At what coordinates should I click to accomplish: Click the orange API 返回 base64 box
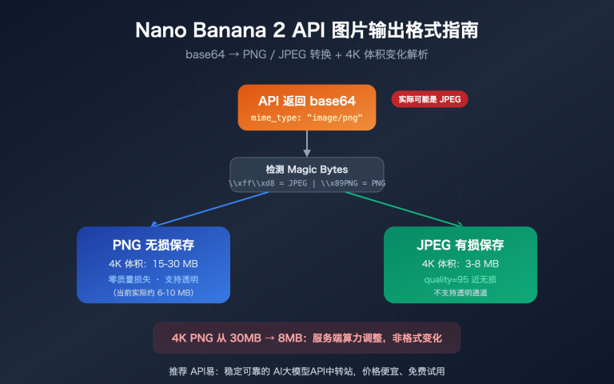tap(307, 108)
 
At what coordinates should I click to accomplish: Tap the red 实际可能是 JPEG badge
tap(429, 99)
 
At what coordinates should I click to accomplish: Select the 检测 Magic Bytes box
tap(307, 174)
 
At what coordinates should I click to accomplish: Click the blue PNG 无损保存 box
tap(153, 265)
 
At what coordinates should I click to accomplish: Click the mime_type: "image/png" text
tap(307, 118)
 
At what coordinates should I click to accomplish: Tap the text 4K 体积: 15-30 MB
tap(153, 264)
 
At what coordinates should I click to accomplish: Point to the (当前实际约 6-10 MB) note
tap(153, 293)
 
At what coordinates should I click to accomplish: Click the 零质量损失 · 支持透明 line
tap(153, 279)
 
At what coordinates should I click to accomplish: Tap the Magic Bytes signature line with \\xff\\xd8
tap(307, 182)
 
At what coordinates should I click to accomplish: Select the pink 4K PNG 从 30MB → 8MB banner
tap(307, 338)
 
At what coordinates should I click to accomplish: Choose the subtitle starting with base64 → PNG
tap(307, 55)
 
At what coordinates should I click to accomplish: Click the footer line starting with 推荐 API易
tap(307, 371)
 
